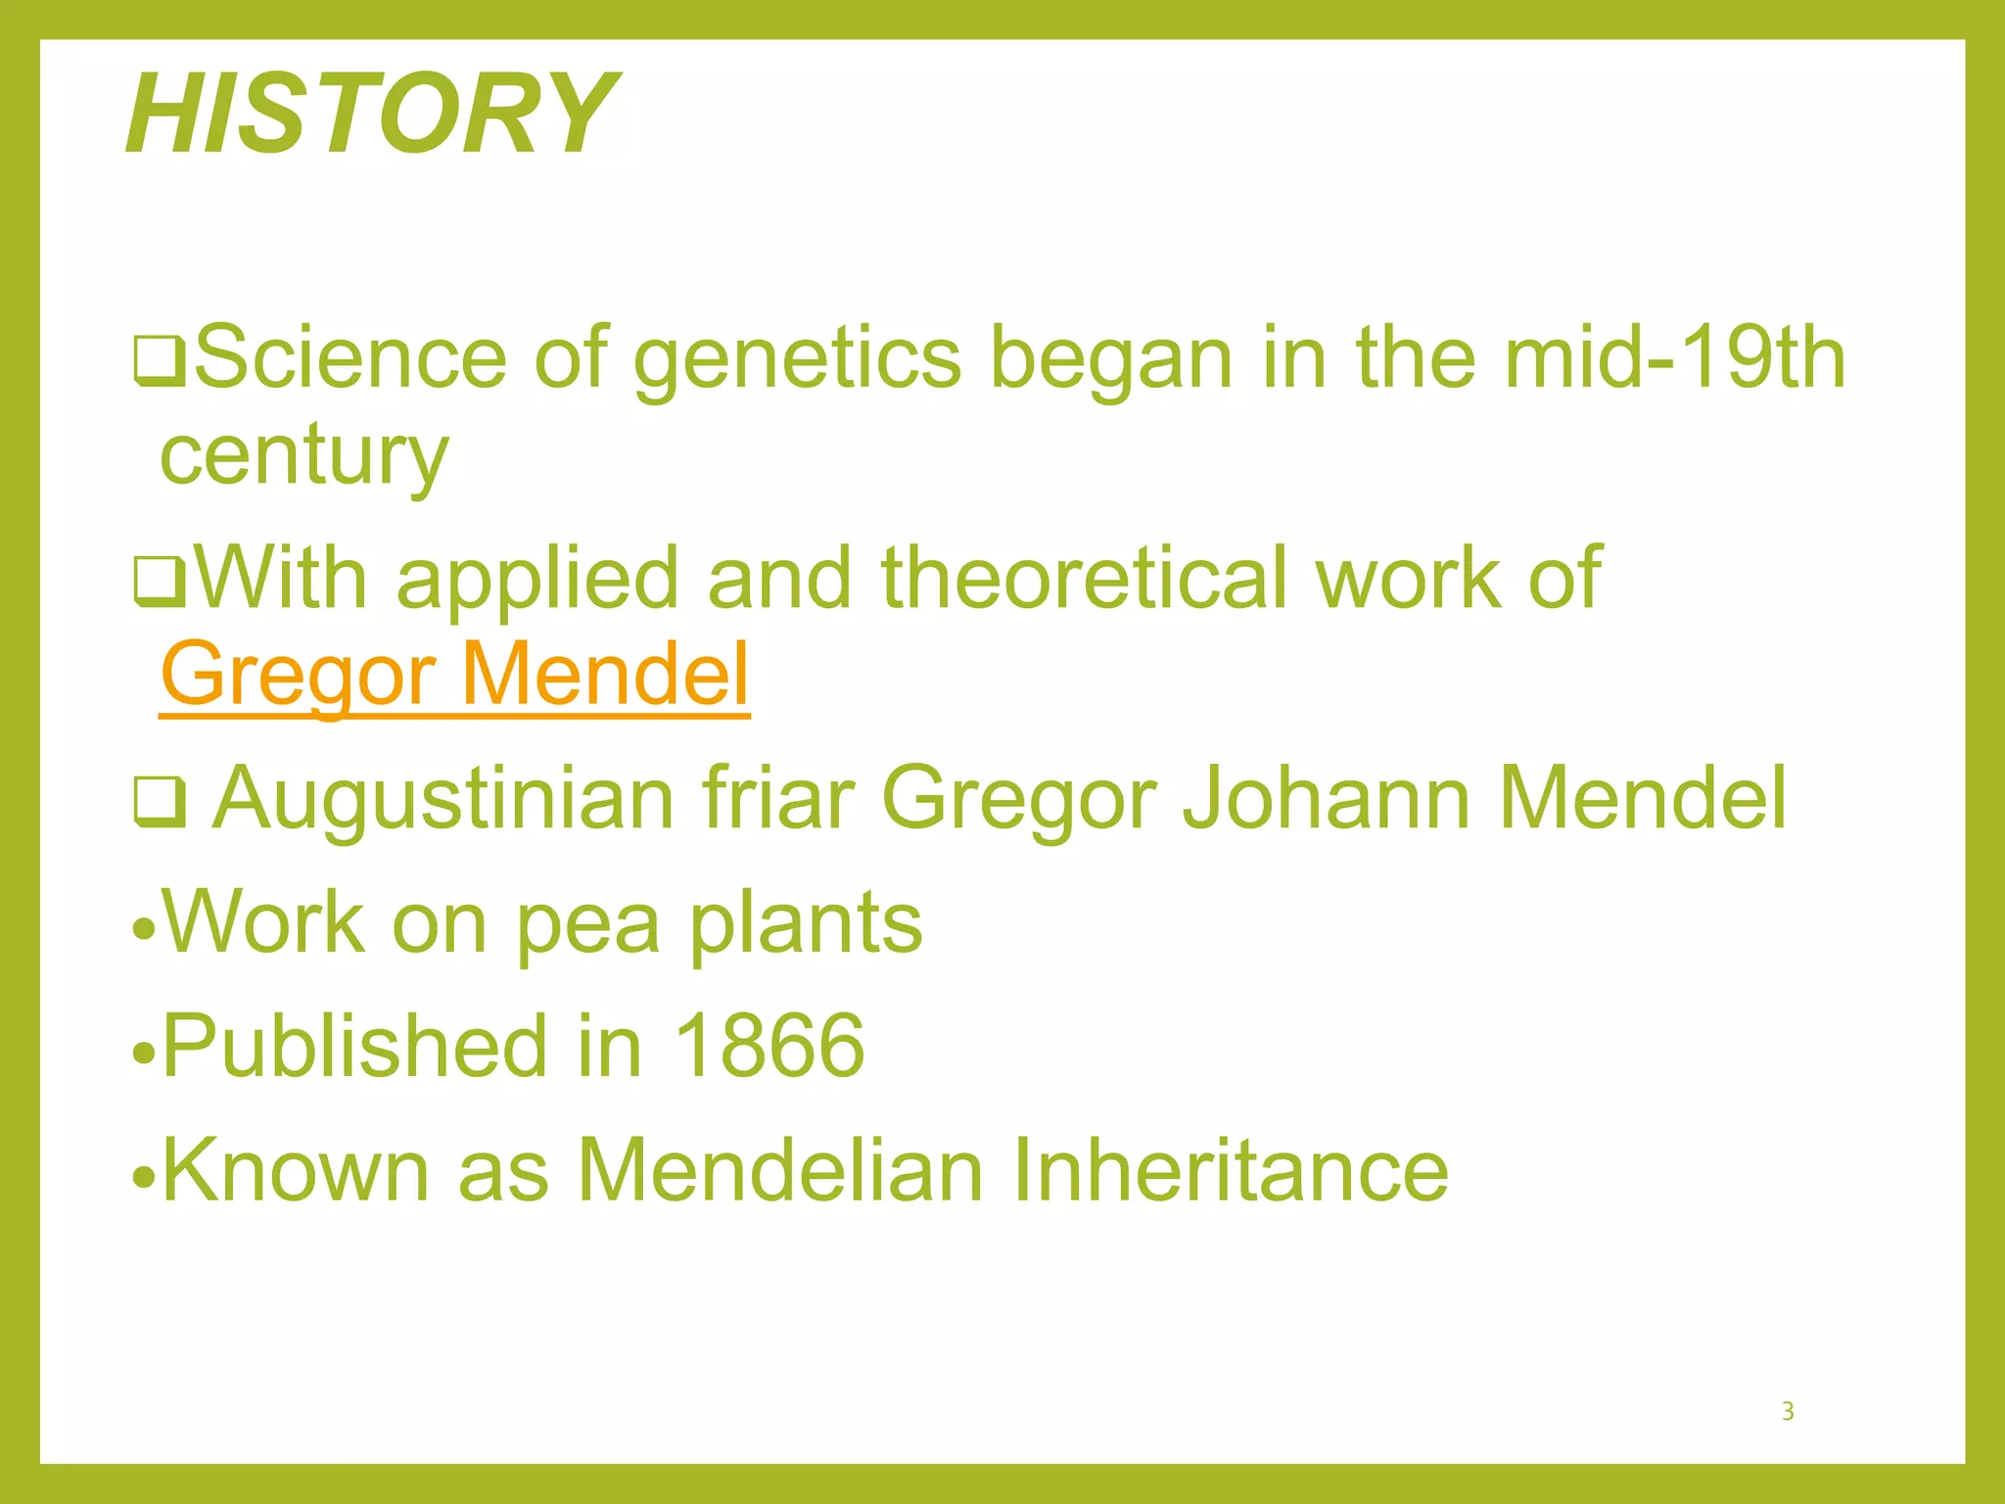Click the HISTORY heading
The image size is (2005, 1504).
click(372, 114)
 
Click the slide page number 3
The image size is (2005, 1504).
click(1788, 1411)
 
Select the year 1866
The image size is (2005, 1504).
click(769, 1046)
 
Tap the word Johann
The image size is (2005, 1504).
click(1326, 798)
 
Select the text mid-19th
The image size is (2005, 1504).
click(1674, 358)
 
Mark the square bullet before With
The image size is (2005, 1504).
click(159, 582)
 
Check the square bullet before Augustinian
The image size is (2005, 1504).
click(159, 803)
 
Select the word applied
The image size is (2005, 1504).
click(536, 580)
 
